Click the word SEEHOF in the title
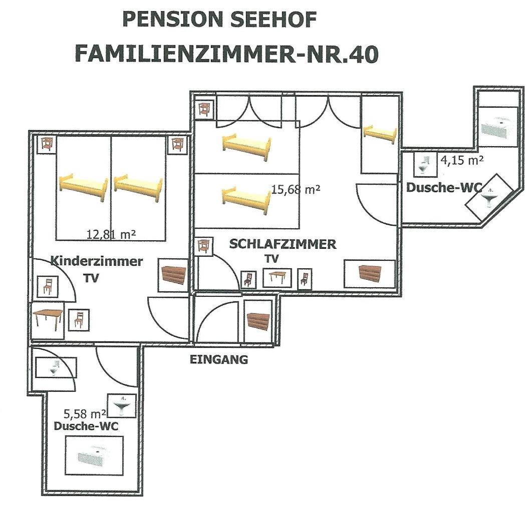[274, 19]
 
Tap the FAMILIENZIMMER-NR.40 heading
[226, 54]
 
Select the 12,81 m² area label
[111, 234]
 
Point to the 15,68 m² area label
[295, 189]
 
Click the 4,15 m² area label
[461, 160]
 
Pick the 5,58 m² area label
[85, 413]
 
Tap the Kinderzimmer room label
[97, 261]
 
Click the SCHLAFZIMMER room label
[283, 244]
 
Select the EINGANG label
[219, 359]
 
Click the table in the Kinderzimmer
[48, 320]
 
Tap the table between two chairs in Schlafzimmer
[278, 278]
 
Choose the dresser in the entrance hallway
[258, 320]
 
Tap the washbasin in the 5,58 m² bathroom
[122, 405]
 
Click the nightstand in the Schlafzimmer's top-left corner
[204, 109]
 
